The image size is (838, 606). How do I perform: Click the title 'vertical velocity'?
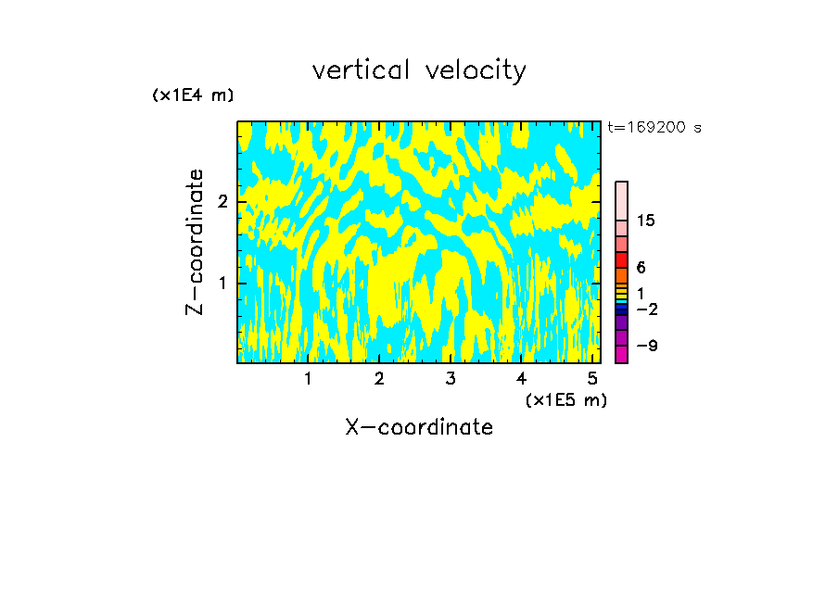[419, 70]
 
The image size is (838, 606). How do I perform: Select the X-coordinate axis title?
[419, 427]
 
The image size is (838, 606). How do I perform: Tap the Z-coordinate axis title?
[195, 242]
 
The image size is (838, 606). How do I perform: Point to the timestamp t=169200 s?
[654, 127]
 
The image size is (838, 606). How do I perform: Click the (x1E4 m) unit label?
[193, 95]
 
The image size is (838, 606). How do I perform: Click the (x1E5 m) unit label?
[565, 399]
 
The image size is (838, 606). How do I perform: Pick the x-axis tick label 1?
[308, 379]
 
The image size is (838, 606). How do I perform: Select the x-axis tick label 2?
[379, 379]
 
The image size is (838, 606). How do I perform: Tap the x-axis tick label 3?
[451, 379]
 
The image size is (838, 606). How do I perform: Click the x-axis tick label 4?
[522, 379]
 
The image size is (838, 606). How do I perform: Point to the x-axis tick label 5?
[592, 379]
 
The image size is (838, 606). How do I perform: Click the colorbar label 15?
[646, 221]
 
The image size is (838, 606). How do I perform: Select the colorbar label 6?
[641, 268]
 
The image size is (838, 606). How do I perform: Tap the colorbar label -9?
[647, 346]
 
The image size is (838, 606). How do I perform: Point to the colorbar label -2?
[647, 309]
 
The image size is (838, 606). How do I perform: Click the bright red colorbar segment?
[621, 259]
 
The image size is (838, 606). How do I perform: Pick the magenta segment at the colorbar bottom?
[621, 354]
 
